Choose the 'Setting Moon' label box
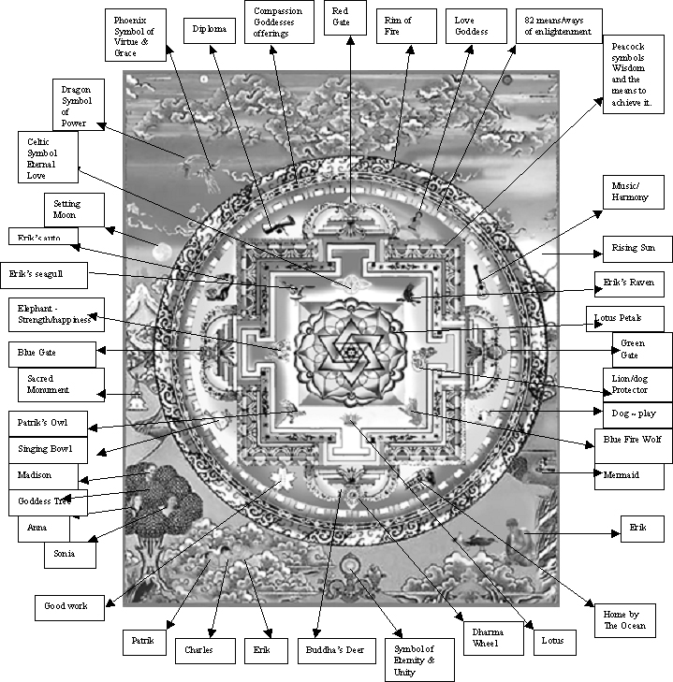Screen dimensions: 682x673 (x=74, y=210)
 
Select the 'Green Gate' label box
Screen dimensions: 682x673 (x=640, y=348)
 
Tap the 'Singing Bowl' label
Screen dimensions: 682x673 (x=51, y=450)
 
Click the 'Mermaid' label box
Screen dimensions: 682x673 (x=629, y=475)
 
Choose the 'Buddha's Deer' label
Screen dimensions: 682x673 (x=341, y=647)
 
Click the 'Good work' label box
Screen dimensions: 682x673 (x=71, y=605)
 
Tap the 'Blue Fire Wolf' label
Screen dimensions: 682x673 (x=633, y=445)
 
